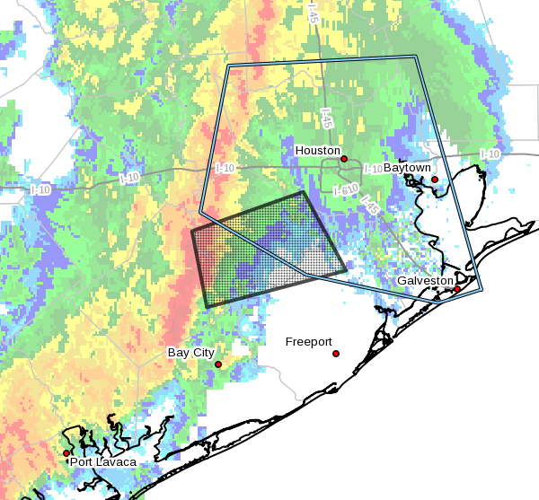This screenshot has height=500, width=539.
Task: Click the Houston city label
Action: coord(318,151)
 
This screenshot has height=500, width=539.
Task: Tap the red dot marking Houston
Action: coord(344,159)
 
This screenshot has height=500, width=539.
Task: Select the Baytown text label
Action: coord(407,168)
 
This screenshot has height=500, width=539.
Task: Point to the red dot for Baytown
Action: coord(435,180)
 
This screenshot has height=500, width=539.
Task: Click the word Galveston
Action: coord(426,281)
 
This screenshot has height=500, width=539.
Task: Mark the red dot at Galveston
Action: coord(457,288)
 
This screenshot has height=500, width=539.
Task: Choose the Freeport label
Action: coord(308,342)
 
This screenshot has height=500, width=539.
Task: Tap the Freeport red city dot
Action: coord(336,354)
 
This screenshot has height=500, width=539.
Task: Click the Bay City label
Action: coord(190,353)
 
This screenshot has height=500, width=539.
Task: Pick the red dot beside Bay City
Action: coord(218,364)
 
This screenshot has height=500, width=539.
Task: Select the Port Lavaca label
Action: coord(103,462)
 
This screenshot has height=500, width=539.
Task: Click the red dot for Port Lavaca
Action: coord(78,453)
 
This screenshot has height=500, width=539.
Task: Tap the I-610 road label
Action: coord(346,190)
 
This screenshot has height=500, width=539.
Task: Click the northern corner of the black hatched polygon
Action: coord(303,192)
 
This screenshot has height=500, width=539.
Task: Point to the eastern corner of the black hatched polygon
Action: coord(346,269)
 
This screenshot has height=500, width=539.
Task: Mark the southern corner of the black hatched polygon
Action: coord(207,307)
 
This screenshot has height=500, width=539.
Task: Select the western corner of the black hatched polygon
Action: coord(192,232)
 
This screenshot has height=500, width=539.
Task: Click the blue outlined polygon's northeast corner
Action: coord(417,56)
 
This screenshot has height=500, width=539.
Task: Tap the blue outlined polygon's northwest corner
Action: coord(228,66)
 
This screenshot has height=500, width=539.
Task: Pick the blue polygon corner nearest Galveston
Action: coord(482,290)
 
